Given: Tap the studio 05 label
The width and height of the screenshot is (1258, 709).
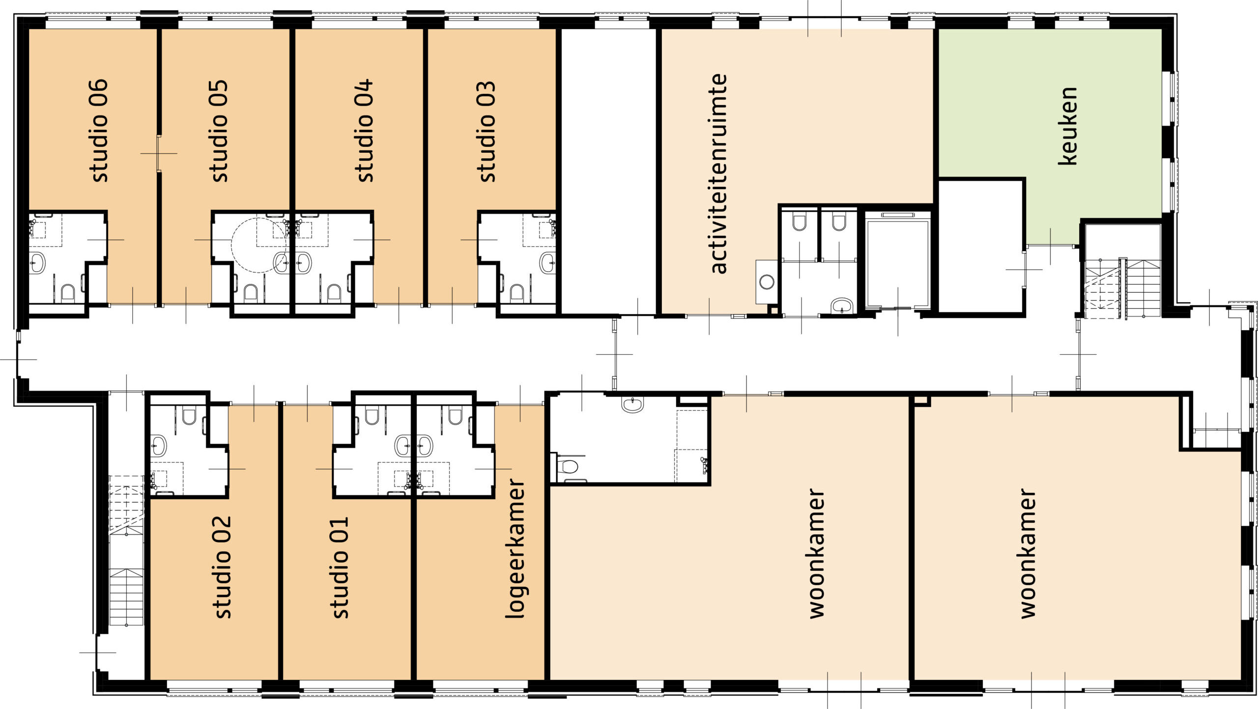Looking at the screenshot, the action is click(x=219, y=131).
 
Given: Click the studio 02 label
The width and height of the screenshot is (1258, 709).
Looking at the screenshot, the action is click(x=222, y=567).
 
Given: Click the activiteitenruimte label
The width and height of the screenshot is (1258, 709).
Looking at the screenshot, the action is click(x=718, y=173).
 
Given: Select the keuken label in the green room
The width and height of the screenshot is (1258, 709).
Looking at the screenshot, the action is click(x=1068, y=126).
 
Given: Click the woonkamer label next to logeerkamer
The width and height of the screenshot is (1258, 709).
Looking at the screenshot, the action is click(x=816, y=553).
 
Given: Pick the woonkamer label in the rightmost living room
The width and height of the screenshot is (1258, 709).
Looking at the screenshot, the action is click(x=1028, y=553).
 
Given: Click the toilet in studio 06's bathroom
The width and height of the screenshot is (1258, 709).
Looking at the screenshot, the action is click(x=67, y=293).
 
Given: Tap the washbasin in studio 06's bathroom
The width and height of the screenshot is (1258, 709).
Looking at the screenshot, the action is click(x=37, y=263).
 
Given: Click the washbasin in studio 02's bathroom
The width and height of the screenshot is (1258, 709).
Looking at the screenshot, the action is click(x=158, y=446).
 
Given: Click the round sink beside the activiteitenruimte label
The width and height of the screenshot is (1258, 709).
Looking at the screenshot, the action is click(x=767, y=282).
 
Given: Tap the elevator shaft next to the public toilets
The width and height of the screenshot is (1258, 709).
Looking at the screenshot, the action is click(x=898, y=263).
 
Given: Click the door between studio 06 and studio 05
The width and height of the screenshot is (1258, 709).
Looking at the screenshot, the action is click(x=159, y=153).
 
